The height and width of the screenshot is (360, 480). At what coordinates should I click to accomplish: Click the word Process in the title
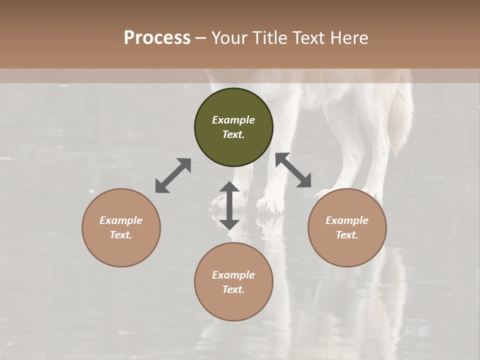pyautogui.click(x=157, y=38)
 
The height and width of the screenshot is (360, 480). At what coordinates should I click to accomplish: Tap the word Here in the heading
pyautogui.click(x=350, y=38)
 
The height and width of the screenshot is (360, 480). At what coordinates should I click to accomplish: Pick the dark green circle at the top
pyautogui.click(x=233, y=127)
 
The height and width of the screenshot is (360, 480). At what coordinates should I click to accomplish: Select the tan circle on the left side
pyautogui.click(x=121, y=227)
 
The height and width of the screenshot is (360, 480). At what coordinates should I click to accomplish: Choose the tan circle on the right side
pyautogui.click(x=347, y=227)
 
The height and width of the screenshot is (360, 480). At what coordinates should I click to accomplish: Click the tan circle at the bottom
pyautogui.click(x=233, y=281)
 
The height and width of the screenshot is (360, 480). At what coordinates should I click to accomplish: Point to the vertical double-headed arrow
pyautogui.click(x=229, y=205)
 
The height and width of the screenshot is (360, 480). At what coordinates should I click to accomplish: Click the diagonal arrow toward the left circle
pyautogui.click(x=173, y=175)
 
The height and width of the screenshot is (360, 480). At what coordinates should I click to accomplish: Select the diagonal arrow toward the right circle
pyautogui.click(x=293, y=170)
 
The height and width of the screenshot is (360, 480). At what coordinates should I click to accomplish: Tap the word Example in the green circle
pyautogui.click(x=233, y=120)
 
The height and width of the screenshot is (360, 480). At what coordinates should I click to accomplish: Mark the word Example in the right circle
pyautogui.click(x=347, y=220)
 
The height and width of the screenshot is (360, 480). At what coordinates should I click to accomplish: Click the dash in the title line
pyautogui.click(x=201, y=38)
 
